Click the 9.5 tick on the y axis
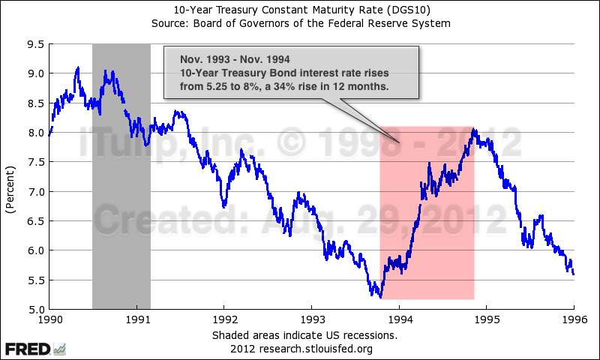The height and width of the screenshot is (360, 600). [x=34, y=44]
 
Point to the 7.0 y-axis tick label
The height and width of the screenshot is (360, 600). [x=34, y=191]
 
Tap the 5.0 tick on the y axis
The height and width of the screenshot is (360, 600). [x=34, y=309]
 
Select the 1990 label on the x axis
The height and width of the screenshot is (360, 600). [x=49, y=319]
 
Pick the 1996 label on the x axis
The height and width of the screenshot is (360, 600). [x=574, y=319]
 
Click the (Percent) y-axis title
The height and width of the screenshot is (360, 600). [x=10, y=177]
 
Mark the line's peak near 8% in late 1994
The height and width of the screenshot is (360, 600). [x=473, y=130]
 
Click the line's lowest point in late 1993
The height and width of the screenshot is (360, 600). [x=380, y=298]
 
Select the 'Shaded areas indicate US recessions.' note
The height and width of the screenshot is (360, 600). [x=304, y=334]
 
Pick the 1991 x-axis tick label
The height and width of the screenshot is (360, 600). [x=136, y=319]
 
